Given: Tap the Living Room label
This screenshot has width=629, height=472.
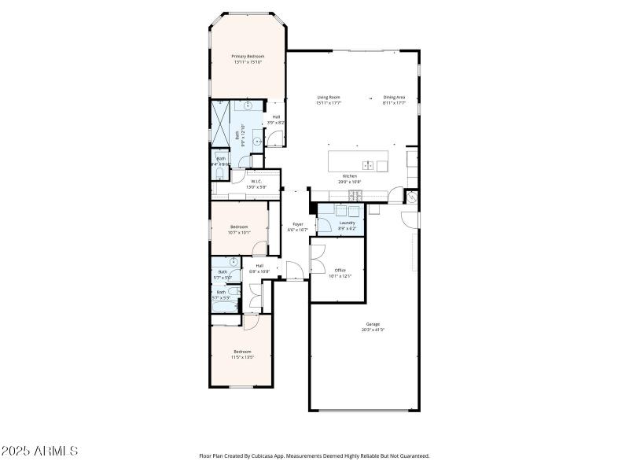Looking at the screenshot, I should pyautogui.click(x=328, y=98).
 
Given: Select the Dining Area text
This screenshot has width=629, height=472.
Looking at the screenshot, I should pyautogui.click(x=394, y=98).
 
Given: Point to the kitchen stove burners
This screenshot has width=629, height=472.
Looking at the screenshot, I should pyautogui.click(x=356, y=194).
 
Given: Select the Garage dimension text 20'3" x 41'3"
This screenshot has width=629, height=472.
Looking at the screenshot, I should pyautogui.click(x=373, y=330).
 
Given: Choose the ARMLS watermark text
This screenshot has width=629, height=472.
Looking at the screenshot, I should pyautogui.click(x=39, y=451).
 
